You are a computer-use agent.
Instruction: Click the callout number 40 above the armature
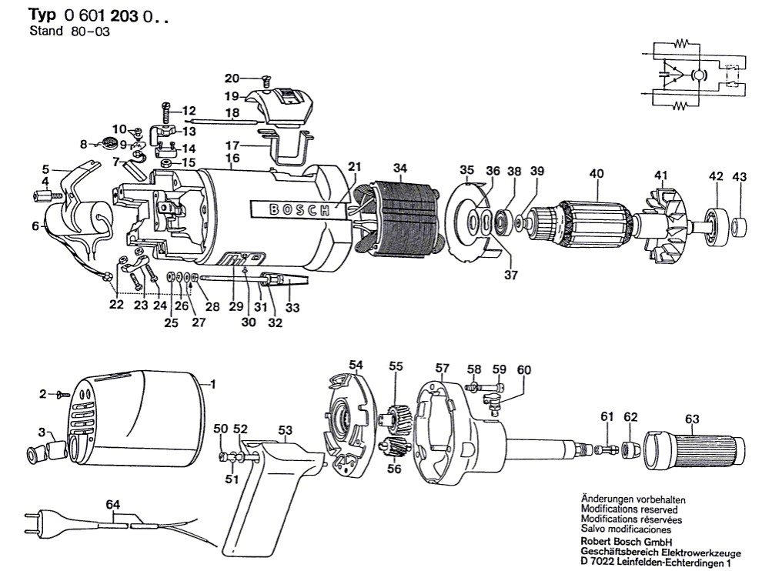pyautogui.click(x=597, y=174)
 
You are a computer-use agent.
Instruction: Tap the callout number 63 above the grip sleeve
pyautogui.click(x=691, y=419)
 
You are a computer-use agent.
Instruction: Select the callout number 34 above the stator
pyautogui.click(x=399, y=169)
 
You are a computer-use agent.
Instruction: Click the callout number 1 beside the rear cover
pyautogui.click(x=213, y=383)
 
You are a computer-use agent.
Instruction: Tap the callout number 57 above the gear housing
pyautogui.click(x=441, y=369)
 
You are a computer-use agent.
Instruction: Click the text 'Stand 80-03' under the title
pyautogui.click(x=59, y=32)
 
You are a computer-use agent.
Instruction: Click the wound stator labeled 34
pyautogui.click(x=400, y=219)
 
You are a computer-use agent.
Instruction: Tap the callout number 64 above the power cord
pyautogui.click(x=114, y=505)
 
